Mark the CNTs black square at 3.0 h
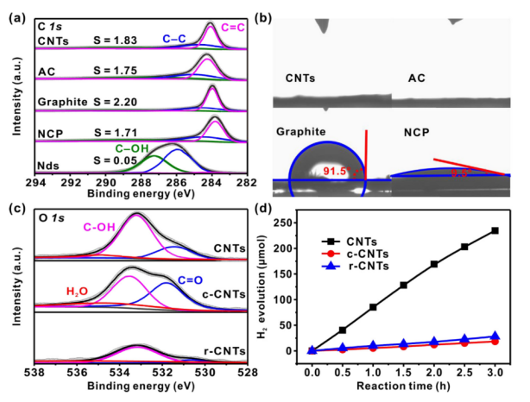(495, 230)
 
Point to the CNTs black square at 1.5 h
(404, 285)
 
